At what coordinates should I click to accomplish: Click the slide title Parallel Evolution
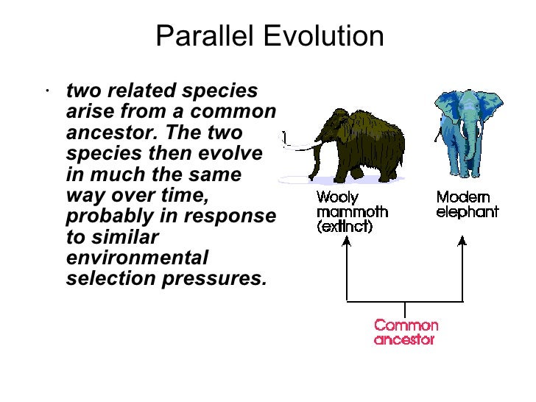tap(269, 36)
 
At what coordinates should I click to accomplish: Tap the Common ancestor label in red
tap(406, 332)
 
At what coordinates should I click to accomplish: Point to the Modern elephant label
tap(467, 205)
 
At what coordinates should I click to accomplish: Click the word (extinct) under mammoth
tap(345, 227)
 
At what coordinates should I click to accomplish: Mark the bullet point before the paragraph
tap(46, 92)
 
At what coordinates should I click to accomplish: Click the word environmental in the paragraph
tap(137, 258)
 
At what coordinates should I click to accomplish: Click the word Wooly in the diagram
tap(337, 197)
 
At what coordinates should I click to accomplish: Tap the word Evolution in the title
tap(326, 36)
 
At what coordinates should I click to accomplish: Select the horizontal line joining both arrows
tap(405, 302)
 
